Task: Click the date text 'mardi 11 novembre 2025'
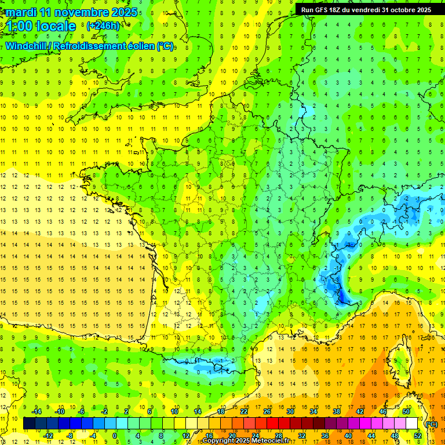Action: [72, 12]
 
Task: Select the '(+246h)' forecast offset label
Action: [103, 26]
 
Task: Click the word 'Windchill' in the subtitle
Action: [27, 46]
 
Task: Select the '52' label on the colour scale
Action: [418, 435]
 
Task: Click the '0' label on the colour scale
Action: [115, 435]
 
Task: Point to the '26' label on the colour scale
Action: [267, 411]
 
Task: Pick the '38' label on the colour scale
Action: [336, 411]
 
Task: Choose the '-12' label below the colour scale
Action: [49, 435]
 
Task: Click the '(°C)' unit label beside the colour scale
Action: [431, 424]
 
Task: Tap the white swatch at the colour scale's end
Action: [412, 424]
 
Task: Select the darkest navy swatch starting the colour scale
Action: [29, 424]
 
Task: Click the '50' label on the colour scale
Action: [406, 411]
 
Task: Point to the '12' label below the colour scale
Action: [186, 435]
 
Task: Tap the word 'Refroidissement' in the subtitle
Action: [89, 46]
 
